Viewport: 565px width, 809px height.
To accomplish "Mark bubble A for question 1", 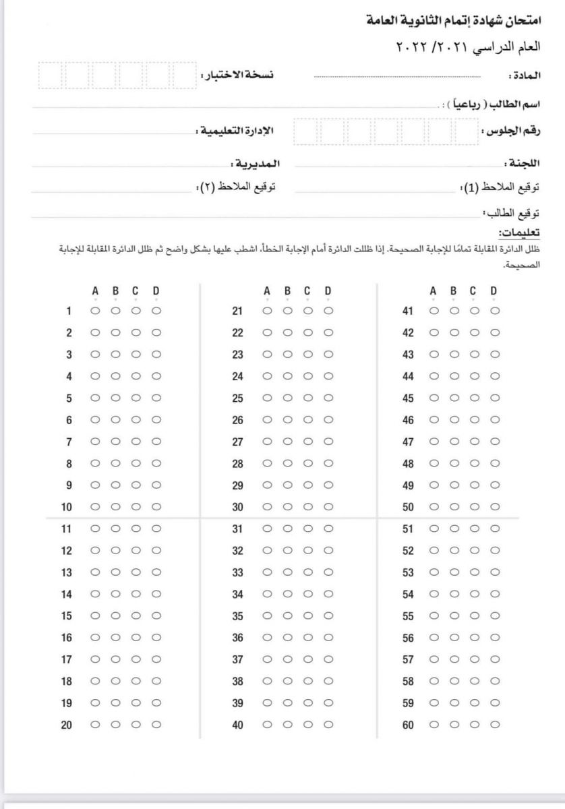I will click(x=95, y=311).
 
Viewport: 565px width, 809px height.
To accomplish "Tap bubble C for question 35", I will click(x=307, y=616).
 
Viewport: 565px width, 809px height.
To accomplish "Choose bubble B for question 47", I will click(x=454, y=442).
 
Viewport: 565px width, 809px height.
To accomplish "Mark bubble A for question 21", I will click(x=268, y=311).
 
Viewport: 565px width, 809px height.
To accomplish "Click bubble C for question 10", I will click(x=136, y=506).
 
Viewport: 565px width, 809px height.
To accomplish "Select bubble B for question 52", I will click(x=454, y=550).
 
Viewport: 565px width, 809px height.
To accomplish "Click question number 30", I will click(x=237, y=507).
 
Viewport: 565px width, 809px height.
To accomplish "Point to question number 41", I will click(x=407, y=311).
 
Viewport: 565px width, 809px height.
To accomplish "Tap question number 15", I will click(x=66, y=616).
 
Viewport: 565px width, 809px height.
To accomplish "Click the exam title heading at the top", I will click(x=459, y=22).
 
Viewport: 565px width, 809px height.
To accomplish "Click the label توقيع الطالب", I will click(x=515, y=213).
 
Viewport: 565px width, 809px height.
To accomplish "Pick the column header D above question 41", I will click(x=494, y=291).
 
